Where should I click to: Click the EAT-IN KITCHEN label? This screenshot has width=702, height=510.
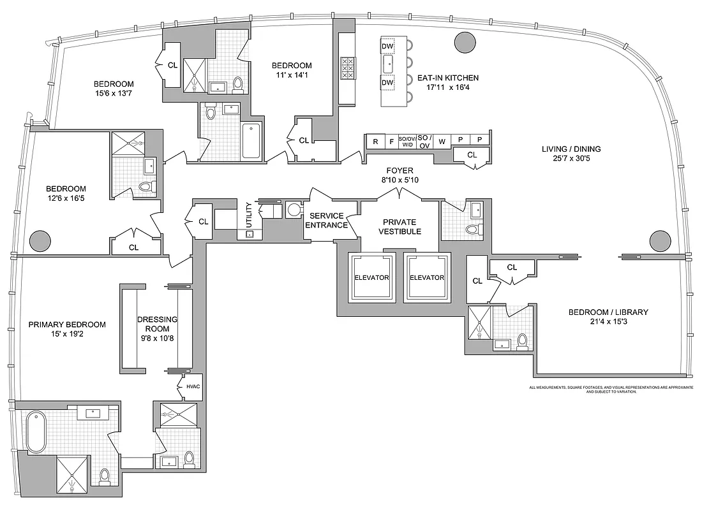447,78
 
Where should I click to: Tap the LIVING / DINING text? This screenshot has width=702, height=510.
571,149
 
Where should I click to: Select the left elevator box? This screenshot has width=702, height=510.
371,277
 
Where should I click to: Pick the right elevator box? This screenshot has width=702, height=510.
426,277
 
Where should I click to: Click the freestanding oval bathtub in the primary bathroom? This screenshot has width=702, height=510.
36,430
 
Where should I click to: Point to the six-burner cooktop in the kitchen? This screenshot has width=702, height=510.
348,68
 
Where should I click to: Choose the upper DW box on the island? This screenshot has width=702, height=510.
387,46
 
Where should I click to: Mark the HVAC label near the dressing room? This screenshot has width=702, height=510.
193,386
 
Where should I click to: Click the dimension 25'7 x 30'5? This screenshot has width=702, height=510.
571,159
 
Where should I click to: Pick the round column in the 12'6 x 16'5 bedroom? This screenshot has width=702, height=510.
40,240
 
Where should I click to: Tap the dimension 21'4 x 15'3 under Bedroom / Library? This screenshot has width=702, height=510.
608,323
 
